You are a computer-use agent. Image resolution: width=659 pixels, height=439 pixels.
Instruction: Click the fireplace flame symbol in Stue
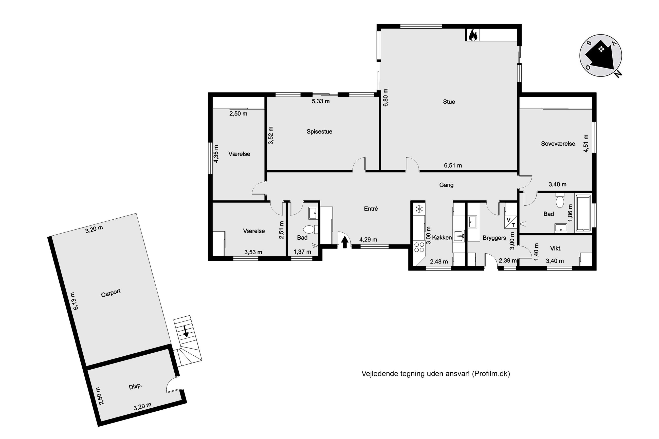point(473,35)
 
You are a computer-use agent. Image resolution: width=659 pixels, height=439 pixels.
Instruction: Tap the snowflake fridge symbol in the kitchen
point(419,209)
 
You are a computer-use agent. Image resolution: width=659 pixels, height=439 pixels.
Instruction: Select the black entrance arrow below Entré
point(345,242)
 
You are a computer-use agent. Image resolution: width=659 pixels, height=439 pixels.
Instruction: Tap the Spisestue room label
point(319,131)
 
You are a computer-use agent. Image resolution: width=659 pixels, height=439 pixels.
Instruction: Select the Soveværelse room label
point(558,144)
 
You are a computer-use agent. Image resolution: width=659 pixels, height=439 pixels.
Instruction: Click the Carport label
point(111,293)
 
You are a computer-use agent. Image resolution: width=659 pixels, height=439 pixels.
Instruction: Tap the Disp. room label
point(136,386)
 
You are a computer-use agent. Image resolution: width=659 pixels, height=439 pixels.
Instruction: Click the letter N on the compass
point(618,74)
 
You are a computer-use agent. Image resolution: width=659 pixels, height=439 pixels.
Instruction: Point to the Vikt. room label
point(556,248)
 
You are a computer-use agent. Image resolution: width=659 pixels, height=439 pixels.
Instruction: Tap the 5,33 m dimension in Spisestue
point(321,101)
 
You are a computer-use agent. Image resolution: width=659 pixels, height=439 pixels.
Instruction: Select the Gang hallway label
point(446,185)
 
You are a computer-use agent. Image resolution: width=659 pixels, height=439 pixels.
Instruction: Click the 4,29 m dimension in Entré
point(368,239)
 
